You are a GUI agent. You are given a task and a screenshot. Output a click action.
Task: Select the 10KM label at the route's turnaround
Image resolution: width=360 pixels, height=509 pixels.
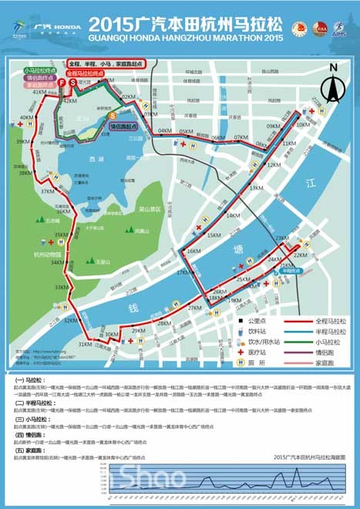pyautogui.click(x=303, y=123)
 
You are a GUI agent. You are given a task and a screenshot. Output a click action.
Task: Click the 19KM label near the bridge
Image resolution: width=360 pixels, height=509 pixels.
pyautogui.click(x=235, y=301)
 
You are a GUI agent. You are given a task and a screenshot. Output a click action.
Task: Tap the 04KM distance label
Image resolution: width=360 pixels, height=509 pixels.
pyautogui.click(x=164, y=131)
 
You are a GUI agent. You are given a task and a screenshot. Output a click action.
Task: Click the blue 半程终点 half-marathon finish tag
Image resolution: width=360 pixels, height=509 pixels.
pyautogui.click(x=290, y=271)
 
